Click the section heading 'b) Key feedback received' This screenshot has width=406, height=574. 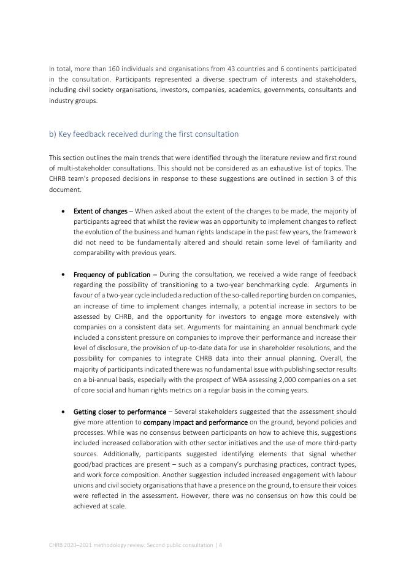tap(144, 134)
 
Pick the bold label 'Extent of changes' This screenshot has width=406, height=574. tap(100, 211)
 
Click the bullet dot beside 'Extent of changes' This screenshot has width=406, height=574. tap(64, 212)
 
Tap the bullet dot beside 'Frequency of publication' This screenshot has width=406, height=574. tap(64, 275)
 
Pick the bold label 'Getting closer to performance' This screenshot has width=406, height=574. tap(120, 411)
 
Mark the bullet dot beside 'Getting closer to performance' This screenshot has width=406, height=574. tap(64, 412)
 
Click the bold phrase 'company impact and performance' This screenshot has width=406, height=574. tap(196, 422)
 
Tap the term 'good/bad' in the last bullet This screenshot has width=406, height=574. tap(88, 464)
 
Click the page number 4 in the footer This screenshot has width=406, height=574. tap(220, 545)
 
